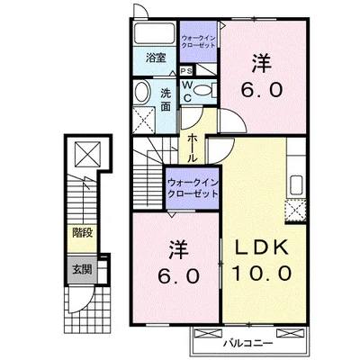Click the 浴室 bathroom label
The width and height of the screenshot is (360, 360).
tap(156, 58)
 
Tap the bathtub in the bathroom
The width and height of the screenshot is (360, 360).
tap(155, 33)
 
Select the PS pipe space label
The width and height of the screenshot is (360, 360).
tap(186, 72)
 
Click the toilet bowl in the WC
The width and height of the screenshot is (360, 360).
tap(203, 89)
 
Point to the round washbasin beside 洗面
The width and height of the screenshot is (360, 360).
tap(142, 92)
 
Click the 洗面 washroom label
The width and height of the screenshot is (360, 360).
tap(166, 100)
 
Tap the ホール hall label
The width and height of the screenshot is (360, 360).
tap(192, 148)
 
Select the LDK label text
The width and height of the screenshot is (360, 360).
tap(260, 247)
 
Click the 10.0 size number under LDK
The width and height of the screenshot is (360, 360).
tap(262, 273)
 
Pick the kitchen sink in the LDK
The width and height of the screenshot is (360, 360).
tap(296, 185)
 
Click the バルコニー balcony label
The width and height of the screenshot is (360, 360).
tap(247, 344)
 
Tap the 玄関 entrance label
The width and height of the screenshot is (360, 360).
tap(82, 270)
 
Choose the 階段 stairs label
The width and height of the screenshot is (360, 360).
tap(82, 233)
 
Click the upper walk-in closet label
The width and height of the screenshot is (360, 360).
tap(198, 41)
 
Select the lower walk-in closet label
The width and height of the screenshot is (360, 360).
tap(193, 187)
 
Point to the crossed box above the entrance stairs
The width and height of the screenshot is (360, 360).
tap(87, 154)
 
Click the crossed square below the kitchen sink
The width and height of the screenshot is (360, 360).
tap(295, 210)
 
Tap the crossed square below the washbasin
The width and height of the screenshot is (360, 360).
tap(144, 121)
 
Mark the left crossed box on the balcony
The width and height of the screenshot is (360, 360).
tap(208, 333)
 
